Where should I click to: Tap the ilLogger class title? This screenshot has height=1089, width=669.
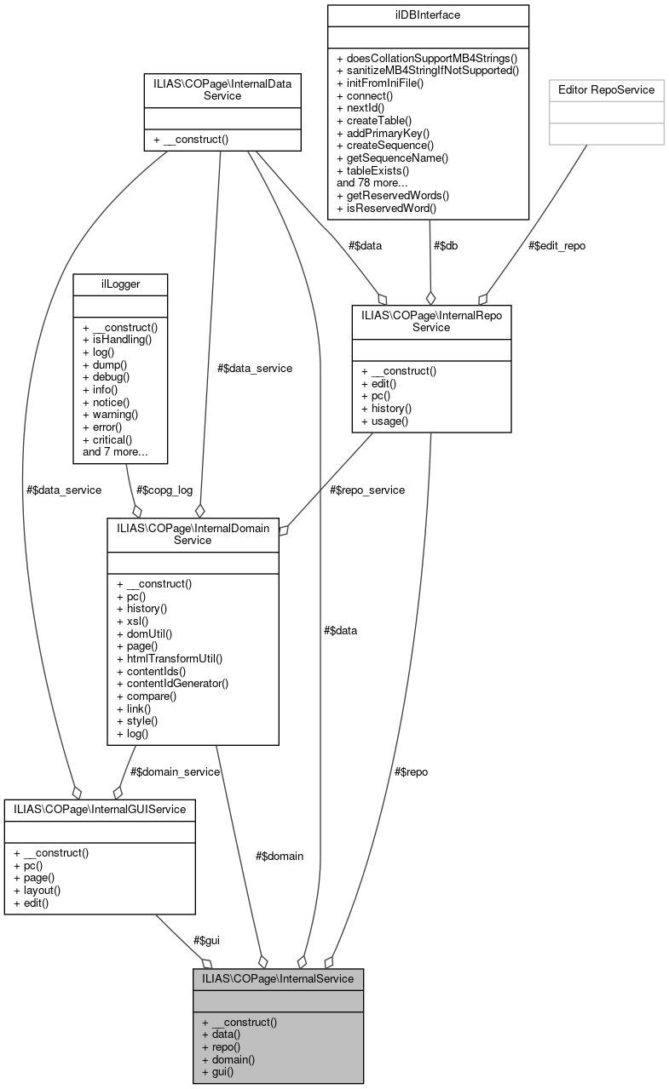(x=120, y=283)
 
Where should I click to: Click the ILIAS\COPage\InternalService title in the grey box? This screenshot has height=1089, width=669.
(x=278, y=978)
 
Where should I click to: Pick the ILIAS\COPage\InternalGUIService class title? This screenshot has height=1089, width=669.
(x=100, y=809)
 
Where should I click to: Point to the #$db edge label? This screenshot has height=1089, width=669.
(x=447, y=245)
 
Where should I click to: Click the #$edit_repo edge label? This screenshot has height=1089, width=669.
(x=557, y=245)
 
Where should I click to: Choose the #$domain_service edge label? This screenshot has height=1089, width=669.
(x=175, y=771)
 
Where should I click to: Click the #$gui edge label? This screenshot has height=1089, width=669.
(x=206, y=940)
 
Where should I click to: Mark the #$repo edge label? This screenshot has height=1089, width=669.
(x=411, y=771)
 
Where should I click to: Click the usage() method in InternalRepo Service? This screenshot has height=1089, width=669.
(x=385, y=421)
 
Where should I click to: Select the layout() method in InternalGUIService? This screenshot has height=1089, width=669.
(x=37, y=890)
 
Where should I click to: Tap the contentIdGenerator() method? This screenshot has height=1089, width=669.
(x=172, y=683)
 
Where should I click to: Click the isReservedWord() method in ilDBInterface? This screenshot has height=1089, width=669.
(x=386, y=208)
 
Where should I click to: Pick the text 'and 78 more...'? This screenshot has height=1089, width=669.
(x=374, y=182)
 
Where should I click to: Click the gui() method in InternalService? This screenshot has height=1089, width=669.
(x=217, y=1072)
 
